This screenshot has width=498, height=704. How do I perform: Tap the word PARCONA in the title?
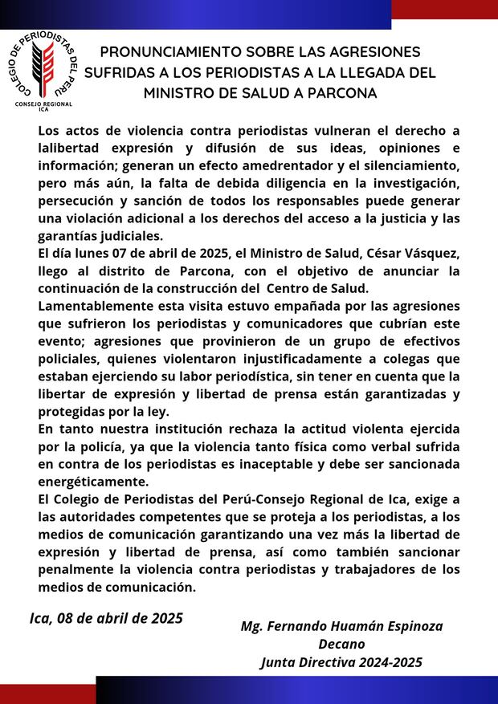[341, 93]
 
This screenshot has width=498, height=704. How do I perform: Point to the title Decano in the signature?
[341, 644]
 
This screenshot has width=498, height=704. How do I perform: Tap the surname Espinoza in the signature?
[407, 625]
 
